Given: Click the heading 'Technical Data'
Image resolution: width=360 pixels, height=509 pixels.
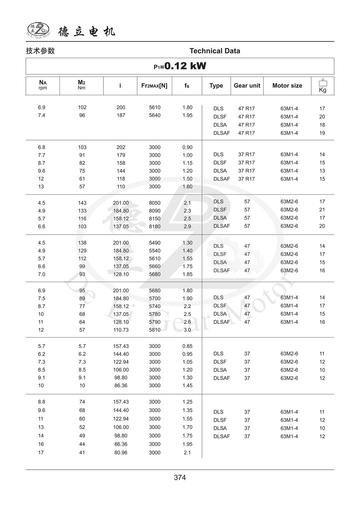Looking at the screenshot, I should coord(215,51).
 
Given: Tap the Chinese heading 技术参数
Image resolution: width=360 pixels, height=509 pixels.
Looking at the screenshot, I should coord(40,51).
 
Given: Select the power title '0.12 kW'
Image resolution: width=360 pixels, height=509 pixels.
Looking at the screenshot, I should coord(185,66).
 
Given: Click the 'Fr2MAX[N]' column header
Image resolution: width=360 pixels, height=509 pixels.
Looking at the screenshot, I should coord(154,86).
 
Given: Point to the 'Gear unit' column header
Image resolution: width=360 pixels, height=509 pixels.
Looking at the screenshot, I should coord(247,86).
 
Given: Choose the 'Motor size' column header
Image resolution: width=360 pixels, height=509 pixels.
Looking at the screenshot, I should coord(287,86).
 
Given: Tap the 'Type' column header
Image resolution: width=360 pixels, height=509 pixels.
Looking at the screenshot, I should coord(216,86).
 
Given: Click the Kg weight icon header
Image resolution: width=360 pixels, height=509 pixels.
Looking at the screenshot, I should coord(322,86).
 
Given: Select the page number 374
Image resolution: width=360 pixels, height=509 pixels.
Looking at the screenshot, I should coord(180,478).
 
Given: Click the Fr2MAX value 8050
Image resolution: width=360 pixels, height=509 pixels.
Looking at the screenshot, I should coord(154,203).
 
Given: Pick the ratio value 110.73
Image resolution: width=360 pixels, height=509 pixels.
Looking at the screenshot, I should coord(121,330).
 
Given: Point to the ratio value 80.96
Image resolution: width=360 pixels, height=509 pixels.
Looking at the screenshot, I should coord(121,453).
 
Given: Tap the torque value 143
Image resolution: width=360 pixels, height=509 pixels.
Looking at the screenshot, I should coord(82,203).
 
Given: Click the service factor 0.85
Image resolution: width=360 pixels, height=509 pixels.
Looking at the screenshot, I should coord(187,346).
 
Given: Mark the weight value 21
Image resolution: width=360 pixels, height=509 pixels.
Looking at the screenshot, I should coord(322,210).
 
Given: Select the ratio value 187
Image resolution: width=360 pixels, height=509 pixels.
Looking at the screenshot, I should coord(121,115).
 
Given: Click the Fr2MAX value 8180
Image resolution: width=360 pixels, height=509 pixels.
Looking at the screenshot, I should coord(154,227).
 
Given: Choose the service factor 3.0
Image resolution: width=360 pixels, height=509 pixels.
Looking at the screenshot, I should coord(187,330).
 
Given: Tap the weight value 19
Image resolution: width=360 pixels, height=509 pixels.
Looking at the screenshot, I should coord(322,133).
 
